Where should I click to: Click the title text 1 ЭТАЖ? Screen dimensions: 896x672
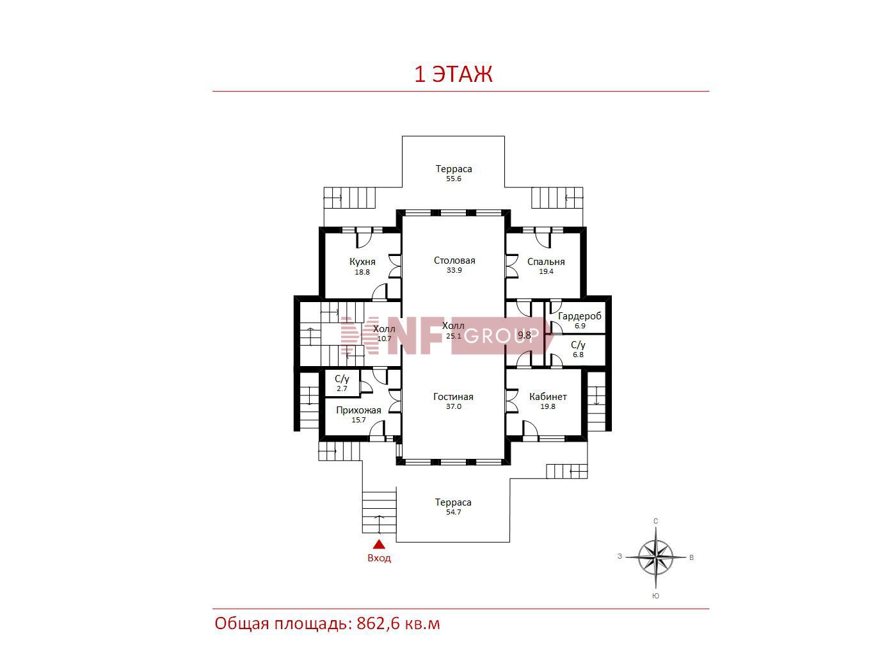[x=453, y=74]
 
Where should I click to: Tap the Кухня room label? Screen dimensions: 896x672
[x=362, y=262]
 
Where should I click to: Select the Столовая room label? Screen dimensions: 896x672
[x=454, y=260]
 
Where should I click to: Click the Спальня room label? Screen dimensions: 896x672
[x=546, y=262]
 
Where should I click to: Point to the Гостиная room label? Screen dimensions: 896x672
[x=453, y=397]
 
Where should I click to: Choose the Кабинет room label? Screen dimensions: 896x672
[x=548, y=397]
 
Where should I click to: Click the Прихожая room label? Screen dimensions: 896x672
[x=358, y=410]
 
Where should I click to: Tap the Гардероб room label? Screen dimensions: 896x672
[x=580, y=316]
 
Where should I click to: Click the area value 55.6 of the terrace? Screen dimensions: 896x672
[x=454, y=179]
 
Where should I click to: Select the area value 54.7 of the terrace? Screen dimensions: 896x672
[x=454, y=512]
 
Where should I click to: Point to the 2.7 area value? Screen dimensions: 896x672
[x=342, y=388]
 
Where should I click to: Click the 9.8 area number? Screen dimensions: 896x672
[x=525, y=335]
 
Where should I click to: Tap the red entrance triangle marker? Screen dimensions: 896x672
[x=380, y=544]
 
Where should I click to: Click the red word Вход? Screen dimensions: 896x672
[x=380, y=557]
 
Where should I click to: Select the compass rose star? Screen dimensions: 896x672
[x=655, y=557]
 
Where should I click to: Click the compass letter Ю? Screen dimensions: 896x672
[x=655, y=596]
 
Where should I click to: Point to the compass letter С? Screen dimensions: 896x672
[x=655, y=521]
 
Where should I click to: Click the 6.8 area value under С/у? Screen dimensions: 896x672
[x=578, y=355]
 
